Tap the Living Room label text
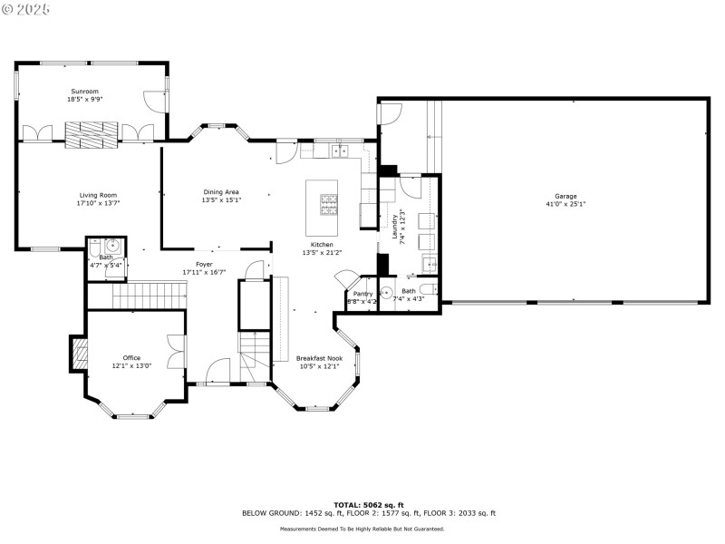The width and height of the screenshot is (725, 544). tap(98, 195)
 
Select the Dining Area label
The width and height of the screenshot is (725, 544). tap(221, 192)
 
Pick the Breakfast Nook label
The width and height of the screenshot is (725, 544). tap(319, 358)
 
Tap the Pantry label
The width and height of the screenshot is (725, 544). tap(362, 294)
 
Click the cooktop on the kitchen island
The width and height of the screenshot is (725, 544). tap(328, 205)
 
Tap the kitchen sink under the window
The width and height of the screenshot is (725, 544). tap(341, 150)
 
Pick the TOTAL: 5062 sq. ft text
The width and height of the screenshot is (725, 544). tap(368, 504)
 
